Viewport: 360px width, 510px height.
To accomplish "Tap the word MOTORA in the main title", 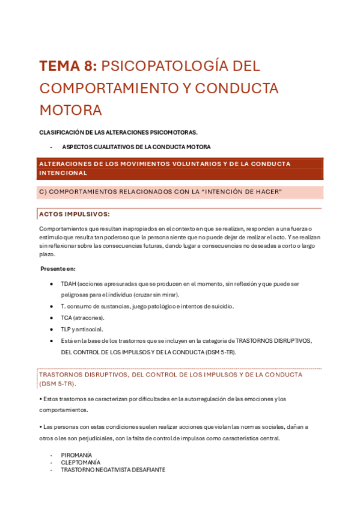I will coord(70,110).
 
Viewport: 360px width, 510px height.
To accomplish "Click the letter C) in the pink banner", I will coord(42,192).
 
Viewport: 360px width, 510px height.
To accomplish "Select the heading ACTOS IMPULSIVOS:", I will coord(74,214).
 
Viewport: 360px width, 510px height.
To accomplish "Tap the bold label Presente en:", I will coord(58,268).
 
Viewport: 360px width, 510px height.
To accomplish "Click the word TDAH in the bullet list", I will coord(68,283).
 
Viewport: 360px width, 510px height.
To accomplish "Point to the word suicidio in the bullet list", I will coord(222,306).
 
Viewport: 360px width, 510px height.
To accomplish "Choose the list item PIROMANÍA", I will coord(76,455).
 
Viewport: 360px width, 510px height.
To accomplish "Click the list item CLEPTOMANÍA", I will coord(81,462).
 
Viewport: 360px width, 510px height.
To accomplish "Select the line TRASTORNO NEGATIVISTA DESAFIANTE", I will coord(112,470).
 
